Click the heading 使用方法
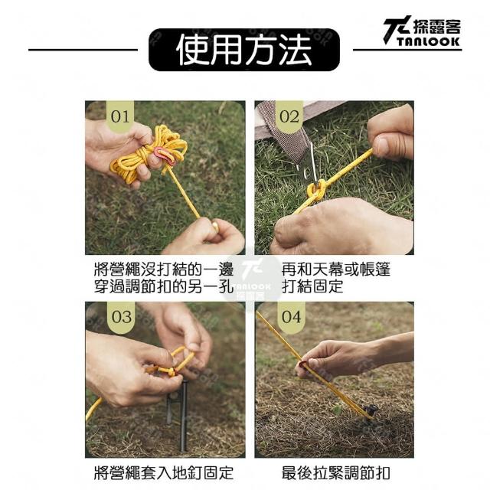point(244,50)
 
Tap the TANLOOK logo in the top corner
point(422,31)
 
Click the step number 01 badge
point(120,116)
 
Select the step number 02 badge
point(289,116)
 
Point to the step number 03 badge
point(122,317)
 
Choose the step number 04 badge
point(291,317)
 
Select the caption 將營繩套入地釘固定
point(164,472)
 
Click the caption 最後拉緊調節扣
point(335,472)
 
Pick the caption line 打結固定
point(312,286)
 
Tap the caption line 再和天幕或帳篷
point(335,269)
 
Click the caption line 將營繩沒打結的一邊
point(164,269)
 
